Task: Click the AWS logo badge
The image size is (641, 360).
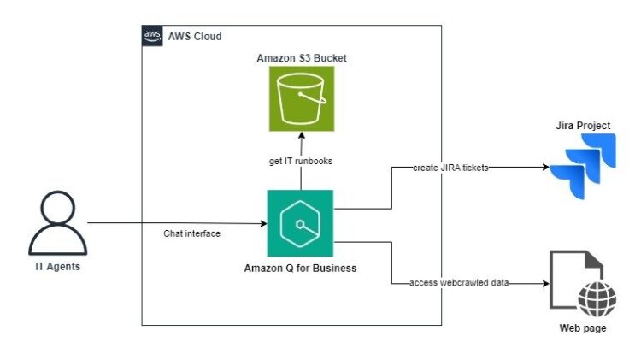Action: tap(152, 36)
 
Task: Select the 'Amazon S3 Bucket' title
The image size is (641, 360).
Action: tap(301, 57)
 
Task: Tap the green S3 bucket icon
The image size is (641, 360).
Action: tap(301, 98)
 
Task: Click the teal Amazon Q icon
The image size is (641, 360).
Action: tap(300, 223)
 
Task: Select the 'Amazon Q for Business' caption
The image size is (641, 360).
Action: tap(300, 269)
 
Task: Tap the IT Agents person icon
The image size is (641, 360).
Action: tap(57, 224)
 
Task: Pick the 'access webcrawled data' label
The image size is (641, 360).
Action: tap(460, 283)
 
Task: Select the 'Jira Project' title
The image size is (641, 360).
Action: tap(581, 126)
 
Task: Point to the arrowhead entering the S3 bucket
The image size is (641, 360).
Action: tap(300, 136)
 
